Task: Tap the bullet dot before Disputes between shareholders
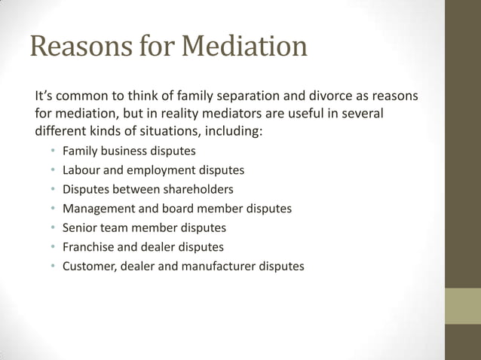tap(53, 189)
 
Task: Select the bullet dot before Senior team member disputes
tap(53, 227)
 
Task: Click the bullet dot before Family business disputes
tap(53, 151)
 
